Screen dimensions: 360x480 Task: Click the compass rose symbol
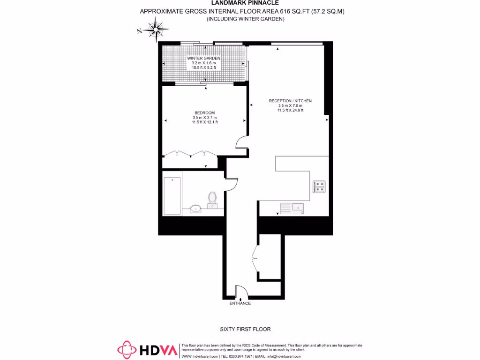coord(155,30)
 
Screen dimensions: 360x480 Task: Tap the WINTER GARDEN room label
coord(204,59)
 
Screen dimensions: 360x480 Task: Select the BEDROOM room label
coord(204,113)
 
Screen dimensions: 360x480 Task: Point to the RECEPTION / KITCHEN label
coord(290,101)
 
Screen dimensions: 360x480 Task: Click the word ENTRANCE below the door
coord(240,303)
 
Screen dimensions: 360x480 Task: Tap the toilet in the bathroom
coord(212,198)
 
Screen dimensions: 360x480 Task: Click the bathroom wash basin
coord(196,208)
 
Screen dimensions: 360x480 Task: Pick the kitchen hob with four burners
coord(319,187)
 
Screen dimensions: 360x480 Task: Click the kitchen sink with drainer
coord(292,207)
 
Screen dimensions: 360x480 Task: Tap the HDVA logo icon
coord(126,349)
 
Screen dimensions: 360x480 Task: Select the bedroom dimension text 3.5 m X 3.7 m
coord(204,118)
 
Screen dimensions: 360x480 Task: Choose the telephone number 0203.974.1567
coord(240,356)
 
